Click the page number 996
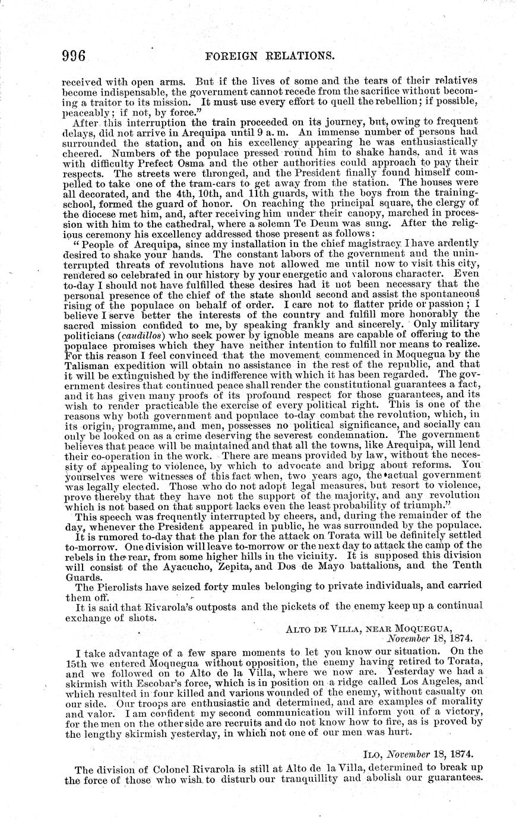pos(75,56)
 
